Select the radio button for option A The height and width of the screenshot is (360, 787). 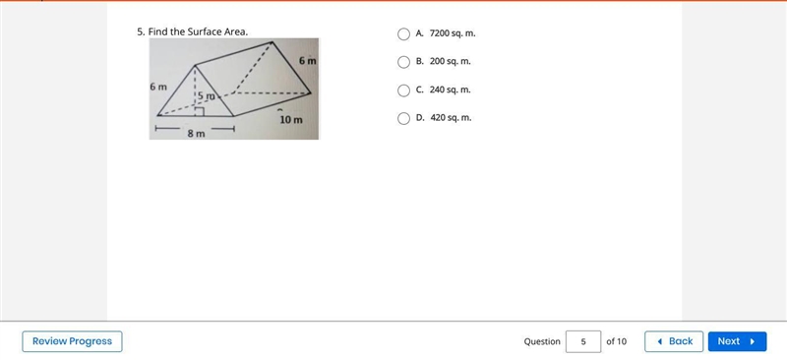(403, 34)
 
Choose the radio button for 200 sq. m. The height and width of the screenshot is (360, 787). (403, 62)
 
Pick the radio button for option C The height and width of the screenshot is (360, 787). (403, 90)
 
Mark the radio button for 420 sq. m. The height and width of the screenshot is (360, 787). (403, 118)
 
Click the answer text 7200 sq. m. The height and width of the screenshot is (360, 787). (453, 33)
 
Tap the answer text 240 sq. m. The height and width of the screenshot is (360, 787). (451, 90)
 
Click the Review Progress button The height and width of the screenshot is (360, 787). (72, 341)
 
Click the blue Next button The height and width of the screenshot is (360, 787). (737, 341)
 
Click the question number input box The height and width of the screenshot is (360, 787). (583, 341)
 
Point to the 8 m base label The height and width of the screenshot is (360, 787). (196, 134)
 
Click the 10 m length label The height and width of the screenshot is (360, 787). (291, 120)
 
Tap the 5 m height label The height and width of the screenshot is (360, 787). (206, 95)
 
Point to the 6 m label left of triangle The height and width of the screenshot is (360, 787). (158, 87)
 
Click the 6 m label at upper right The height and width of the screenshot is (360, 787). (308, 61)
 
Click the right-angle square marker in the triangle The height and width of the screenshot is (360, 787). (199, 111)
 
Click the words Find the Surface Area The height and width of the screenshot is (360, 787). (198, 31)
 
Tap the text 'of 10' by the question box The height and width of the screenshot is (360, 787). (617, 341)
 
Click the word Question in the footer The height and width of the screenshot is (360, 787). (542, 341)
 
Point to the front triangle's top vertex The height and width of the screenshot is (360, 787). (195, 65)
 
